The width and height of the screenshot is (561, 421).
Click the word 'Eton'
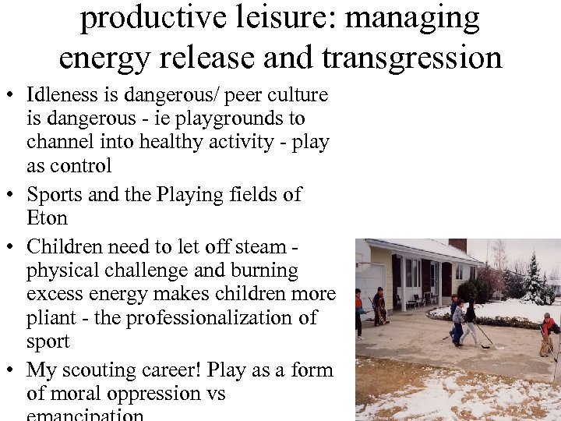47,218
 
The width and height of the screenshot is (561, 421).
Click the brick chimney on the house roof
457,246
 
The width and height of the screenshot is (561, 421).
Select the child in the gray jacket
458,320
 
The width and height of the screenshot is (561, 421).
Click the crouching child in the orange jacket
549,331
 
